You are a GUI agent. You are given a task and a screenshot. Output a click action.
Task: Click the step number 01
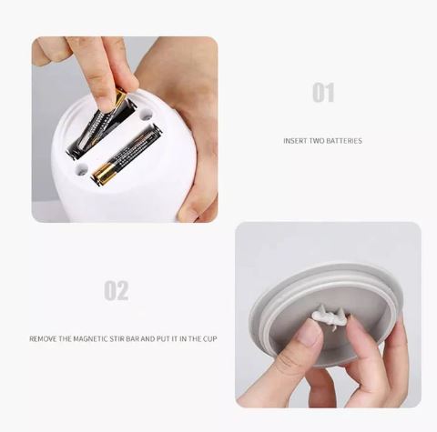pos(323,93)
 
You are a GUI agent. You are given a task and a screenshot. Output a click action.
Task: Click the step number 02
pos(117,290)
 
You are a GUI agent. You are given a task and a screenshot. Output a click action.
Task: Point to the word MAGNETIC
pos(90,338)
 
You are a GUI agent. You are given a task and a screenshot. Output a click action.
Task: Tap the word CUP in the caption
pos(210,338)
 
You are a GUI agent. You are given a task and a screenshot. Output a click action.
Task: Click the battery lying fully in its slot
pos(127,155)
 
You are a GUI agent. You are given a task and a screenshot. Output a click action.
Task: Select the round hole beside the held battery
pos(147,115)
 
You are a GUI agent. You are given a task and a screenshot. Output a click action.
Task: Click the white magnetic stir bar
pos(329,317)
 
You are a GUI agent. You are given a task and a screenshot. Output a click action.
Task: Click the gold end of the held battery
pos(120,96)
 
